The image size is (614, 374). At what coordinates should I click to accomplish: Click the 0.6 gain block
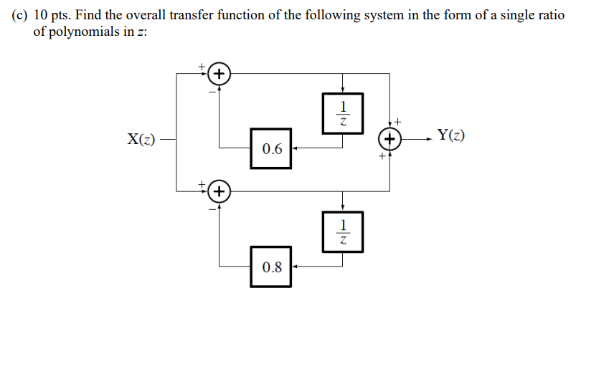tap(271, 148)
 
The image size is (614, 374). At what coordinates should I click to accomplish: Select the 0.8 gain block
tap(271, 267)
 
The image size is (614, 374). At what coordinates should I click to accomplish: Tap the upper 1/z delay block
tap(343, 112)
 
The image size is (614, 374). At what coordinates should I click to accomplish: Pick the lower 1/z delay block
tap(343, 231)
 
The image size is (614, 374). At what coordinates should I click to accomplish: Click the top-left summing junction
tap(219, 74)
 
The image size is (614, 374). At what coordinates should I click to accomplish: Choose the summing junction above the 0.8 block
tap(219, 191)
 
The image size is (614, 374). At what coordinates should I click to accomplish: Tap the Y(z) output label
tap(450, 135)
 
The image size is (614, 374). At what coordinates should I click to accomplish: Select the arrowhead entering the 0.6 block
tap(296, 148)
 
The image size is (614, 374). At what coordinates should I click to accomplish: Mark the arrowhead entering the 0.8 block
tap(296, 267)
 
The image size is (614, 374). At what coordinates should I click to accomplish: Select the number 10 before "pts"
tap(41, 16)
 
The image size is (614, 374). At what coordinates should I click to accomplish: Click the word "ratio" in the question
tap(551, 16)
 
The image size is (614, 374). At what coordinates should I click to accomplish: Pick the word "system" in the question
tap(387, 16)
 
